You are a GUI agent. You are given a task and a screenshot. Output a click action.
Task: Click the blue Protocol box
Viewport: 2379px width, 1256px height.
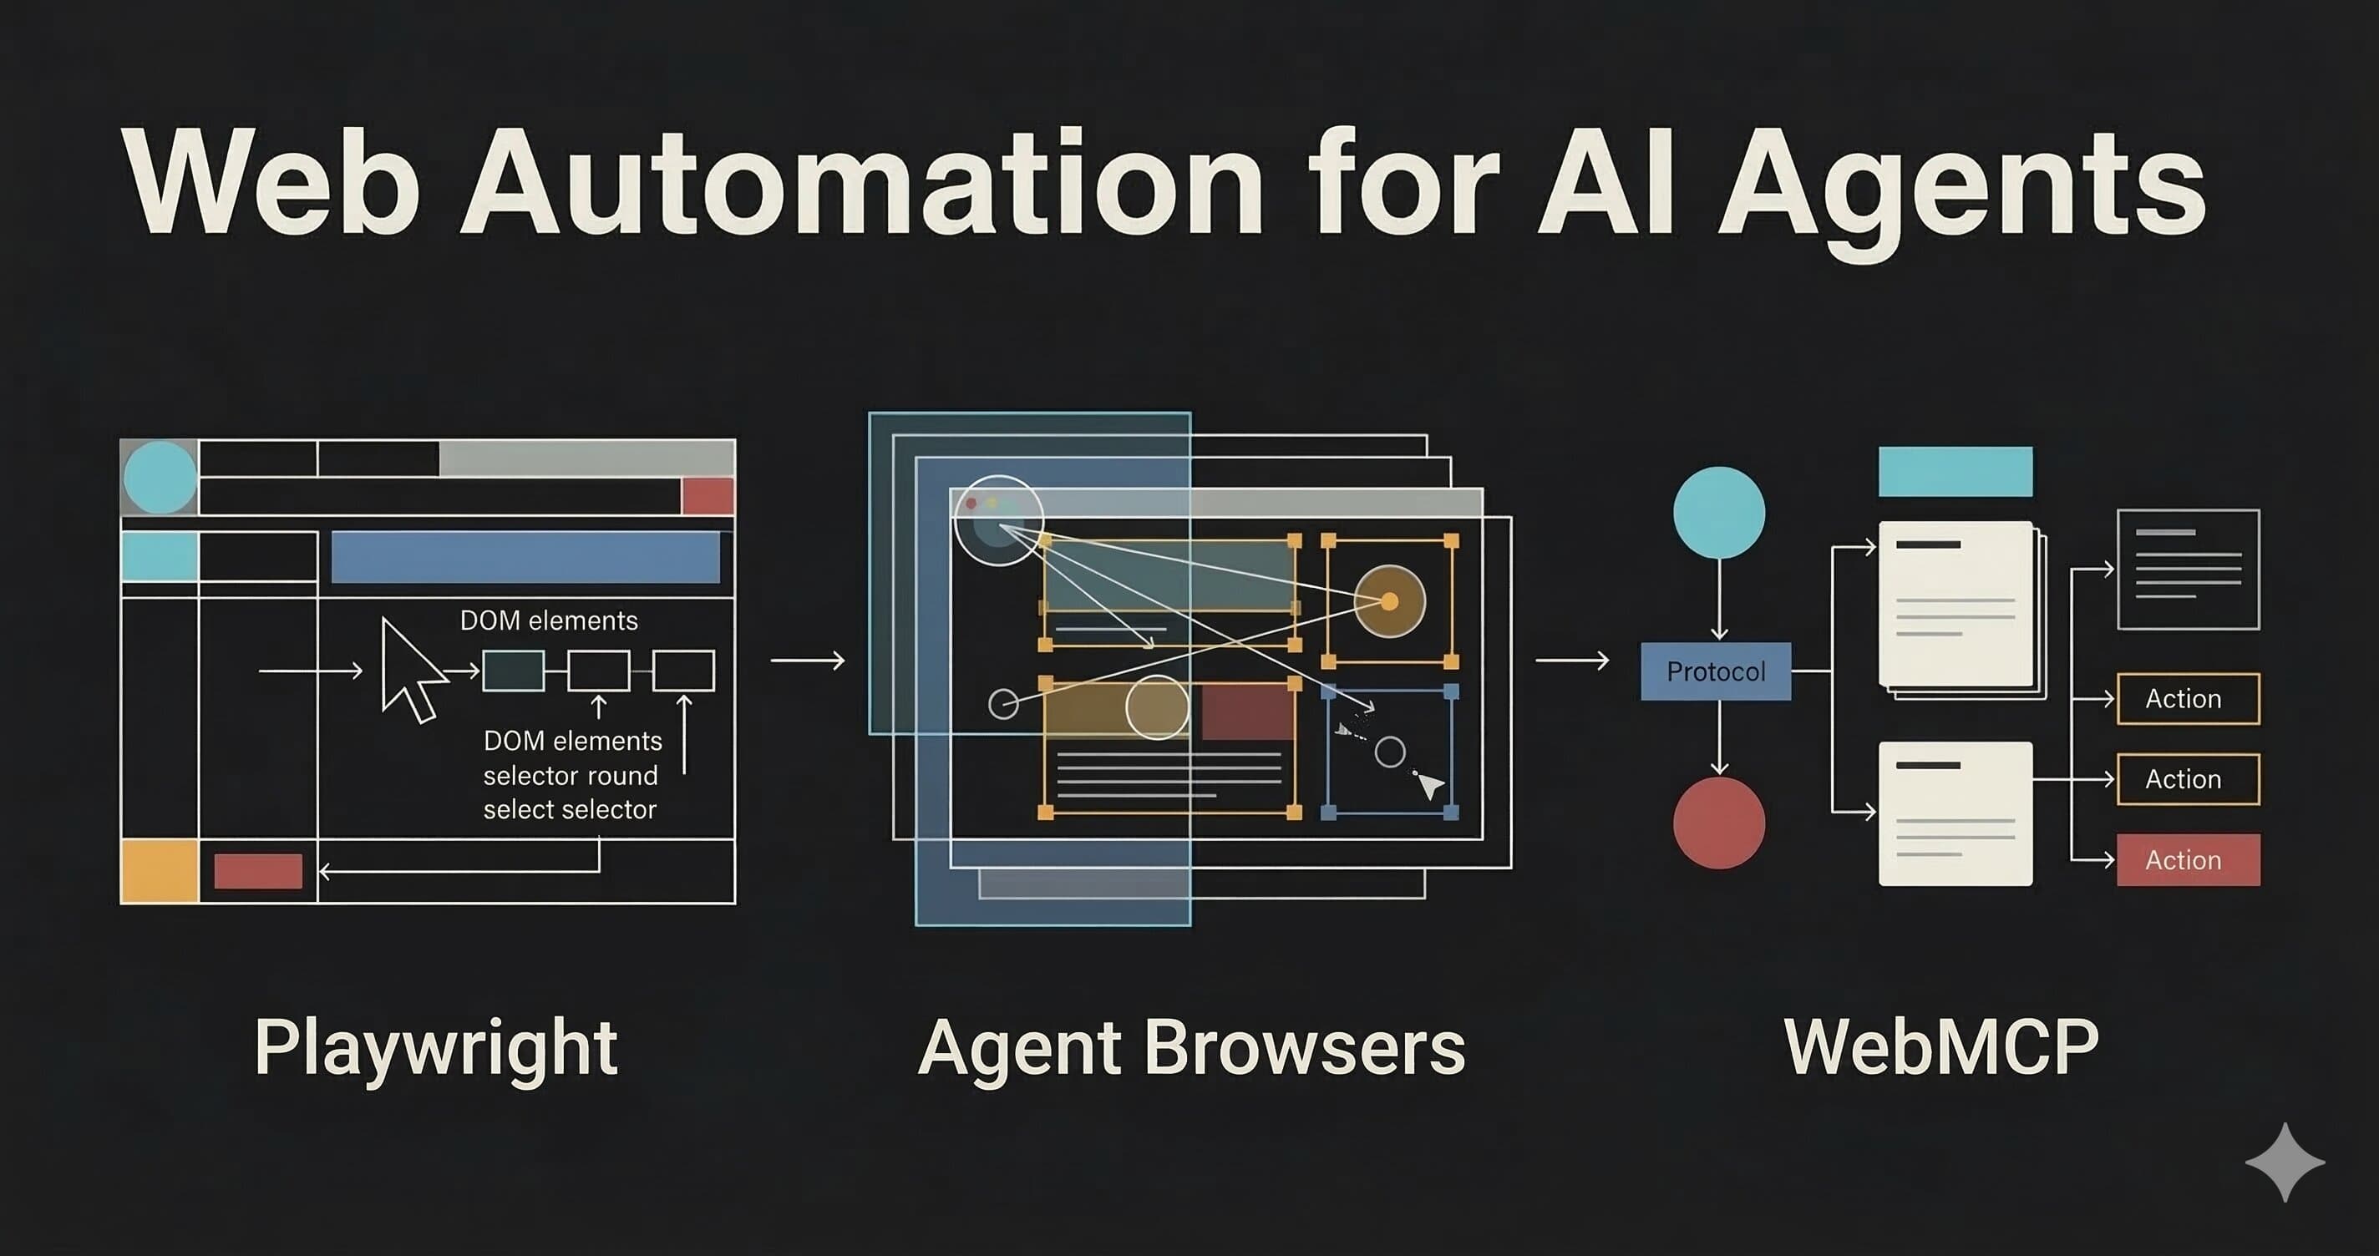(x=1715, y=671)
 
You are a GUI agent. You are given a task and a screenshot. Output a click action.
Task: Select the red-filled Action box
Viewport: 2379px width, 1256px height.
(x=2187, y=860)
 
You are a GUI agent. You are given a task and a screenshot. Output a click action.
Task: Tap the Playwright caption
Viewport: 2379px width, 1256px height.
(x=436, y=1048)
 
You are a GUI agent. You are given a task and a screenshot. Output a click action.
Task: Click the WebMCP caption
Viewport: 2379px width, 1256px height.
(x=1941, y=1047)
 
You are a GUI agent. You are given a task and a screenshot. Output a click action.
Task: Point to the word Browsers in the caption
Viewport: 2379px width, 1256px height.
(x=1304, y=1048)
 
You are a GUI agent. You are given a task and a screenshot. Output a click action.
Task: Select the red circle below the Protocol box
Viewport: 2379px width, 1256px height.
(x=1719, y=823)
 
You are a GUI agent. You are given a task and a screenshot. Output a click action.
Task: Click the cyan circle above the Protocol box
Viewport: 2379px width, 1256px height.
(x=1719, y=513)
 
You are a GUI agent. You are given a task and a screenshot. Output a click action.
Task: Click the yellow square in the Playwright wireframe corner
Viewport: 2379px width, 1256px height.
(x=160, y=871)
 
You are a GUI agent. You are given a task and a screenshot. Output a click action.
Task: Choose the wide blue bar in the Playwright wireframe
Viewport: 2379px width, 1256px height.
(x=525, y=557)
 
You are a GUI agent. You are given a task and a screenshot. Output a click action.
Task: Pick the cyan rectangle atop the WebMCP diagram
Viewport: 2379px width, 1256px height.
(x=1955, y=472)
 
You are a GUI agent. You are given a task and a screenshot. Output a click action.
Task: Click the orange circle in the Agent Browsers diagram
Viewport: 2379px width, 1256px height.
(x=1389, y=601)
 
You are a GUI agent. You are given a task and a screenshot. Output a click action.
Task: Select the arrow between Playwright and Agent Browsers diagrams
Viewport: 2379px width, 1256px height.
(x=807, y=661)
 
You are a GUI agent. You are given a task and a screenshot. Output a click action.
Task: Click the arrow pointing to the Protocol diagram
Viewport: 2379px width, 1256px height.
(x=1572, y=661)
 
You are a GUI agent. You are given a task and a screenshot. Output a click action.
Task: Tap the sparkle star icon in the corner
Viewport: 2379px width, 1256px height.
(x=2285, y=1162)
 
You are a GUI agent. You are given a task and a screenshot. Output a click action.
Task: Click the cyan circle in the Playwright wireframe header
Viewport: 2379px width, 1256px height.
(x=160, y=478)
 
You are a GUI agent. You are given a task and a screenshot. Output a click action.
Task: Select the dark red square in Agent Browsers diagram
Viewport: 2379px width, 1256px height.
(x=1247, y=712)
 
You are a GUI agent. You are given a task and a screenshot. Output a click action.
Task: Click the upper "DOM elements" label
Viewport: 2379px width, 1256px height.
(x=549, y=620)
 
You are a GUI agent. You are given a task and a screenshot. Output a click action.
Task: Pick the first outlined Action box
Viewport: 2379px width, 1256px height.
(x=2187, y=699)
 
